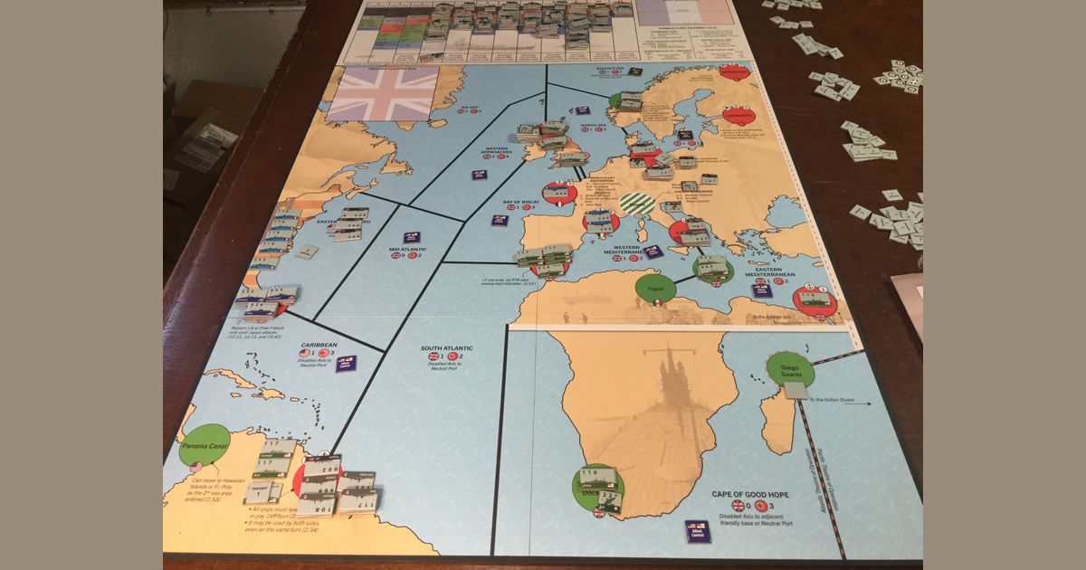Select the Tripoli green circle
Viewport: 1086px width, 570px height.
pos(655,289)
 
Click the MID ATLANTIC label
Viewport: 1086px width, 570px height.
pos(407,245)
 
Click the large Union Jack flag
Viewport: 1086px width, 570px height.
pos(383,93)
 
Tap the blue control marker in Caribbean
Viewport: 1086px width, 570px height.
pos(345,363)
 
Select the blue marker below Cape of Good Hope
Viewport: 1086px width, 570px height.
pos(697,531)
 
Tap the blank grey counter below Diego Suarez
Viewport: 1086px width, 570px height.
pos(794,390)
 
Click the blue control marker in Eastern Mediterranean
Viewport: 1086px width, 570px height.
pos(762,290)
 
